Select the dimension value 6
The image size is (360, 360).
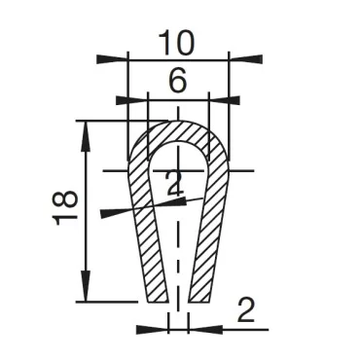pos(177,83)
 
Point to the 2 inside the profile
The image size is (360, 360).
pos(174,184)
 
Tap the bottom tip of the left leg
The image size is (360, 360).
pos(154,298)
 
